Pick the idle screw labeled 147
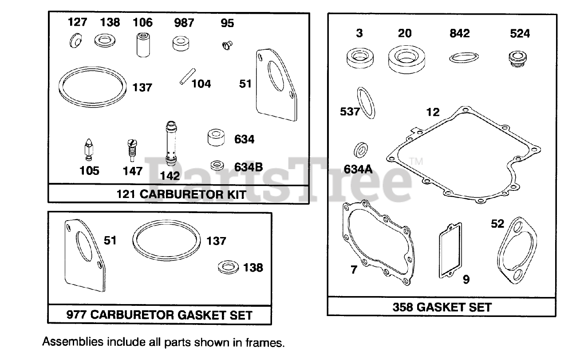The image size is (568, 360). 130,150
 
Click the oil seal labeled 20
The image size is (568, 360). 405,59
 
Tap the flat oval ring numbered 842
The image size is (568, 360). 464,58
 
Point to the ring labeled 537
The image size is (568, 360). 366,103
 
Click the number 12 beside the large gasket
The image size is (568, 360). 432,112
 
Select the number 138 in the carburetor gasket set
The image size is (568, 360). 253,268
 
